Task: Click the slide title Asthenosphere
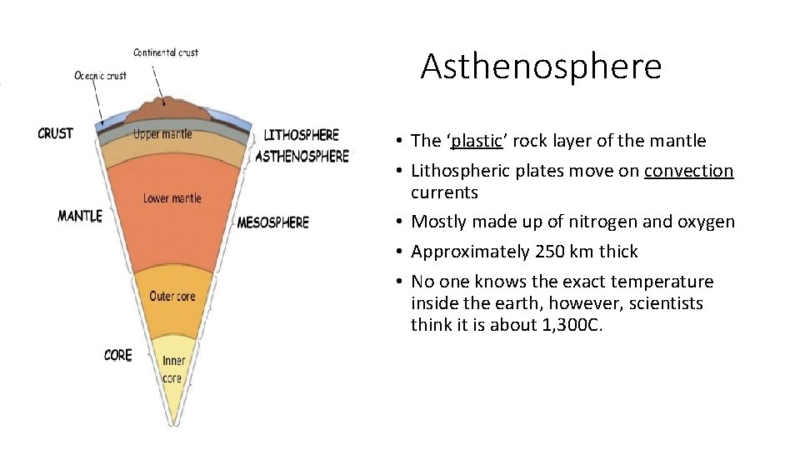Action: [541, 66]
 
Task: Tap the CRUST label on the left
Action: [55, 132]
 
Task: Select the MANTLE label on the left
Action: [79, 216]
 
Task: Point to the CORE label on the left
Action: [117, 355]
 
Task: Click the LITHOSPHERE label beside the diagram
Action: [301, 135]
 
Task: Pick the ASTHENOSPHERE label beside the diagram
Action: [302, 156]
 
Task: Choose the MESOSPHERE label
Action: [272, 222]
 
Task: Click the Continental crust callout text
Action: [166, 52]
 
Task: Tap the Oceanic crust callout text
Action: [100, 76]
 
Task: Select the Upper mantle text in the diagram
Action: [162, 134]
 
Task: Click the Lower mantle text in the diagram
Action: [172, 198]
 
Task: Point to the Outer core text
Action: [172, 296]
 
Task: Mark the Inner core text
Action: [172, 369]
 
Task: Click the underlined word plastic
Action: [474, 141]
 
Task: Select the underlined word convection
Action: [688, 171]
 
